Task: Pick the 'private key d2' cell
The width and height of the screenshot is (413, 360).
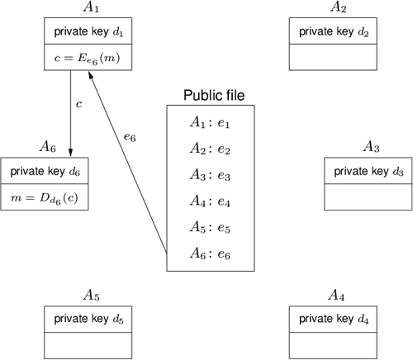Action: (332, 32)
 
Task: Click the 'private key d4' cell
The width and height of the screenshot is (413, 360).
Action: (332, 319)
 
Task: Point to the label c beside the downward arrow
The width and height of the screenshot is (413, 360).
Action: (79, 105)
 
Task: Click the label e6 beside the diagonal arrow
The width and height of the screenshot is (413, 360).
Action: (129, 137)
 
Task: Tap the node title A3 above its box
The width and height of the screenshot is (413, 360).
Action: (370, 148)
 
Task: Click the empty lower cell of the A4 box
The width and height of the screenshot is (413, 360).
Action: (332, 343)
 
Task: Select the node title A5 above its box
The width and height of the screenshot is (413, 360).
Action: (91, 295)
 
